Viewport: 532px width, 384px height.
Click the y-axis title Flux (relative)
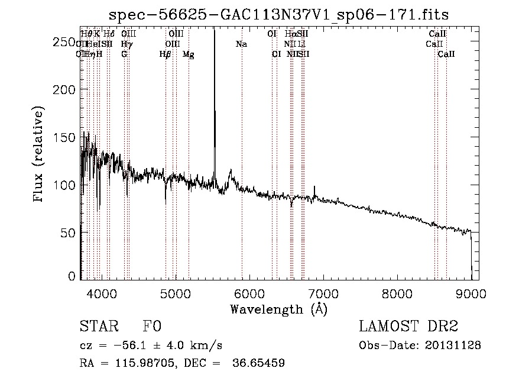[x=39, y=155]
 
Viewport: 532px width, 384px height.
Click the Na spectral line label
[x=241, y=44]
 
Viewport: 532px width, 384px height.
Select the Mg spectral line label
[x=189, y=54]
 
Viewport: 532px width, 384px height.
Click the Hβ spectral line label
[x=166, y=54]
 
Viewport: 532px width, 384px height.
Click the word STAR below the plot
[x=98, y=327]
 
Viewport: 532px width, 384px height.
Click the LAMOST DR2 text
[x=408, y=327]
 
